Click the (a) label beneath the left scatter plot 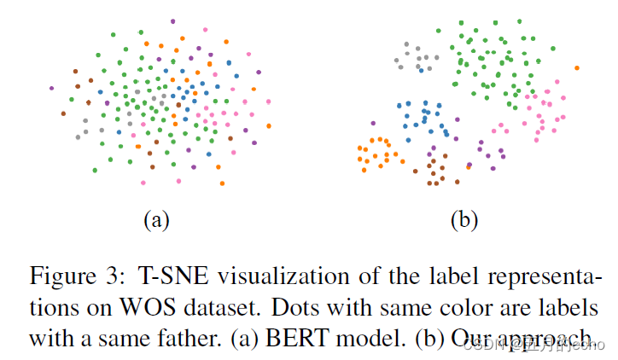pyautogui.click(x=155, y=220)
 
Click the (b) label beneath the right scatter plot pyautogui.click(x=464, y=220)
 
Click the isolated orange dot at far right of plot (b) pyautogui.click(x=577, y=67)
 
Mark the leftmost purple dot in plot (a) pyautogui.click(x=52, y=88)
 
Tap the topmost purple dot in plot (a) pyautogui.click(x=172, y=20)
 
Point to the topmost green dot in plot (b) pyautogui.click(x=460, y=22)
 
